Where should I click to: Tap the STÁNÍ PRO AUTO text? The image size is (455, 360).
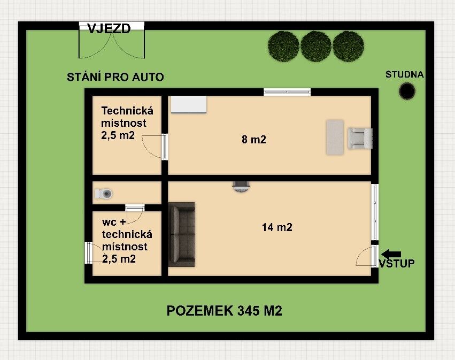click(115, 77)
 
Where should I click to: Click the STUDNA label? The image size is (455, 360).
click(404, 74)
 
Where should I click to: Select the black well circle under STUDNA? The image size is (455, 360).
click(407, 91)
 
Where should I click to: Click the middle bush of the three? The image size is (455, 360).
click(315, 45)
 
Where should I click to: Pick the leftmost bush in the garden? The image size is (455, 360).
click(283, 45)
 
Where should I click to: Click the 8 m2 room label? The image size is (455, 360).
click(253, 140)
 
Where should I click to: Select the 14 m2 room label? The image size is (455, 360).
click(276, 227)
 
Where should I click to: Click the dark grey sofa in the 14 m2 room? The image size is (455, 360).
click(181, 234)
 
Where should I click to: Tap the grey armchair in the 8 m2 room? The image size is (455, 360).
click(360, 139)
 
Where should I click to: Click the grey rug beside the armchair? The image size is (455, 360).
click(335, 137)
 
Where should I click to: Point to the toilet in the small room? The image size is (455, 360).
click(105, 193)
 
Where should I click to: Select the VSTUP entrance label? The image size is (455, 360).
click(396, 264)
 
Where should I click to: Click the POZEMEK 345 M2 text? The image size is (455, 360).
click(224, 311)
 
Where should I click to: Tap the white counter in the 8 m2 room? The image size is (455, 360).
click(189, 104)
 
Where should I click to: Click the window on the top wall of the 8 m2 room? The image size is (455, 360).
click(287, 93)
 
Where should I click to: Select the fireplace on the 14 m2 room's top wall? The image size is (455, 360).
click(241, 186)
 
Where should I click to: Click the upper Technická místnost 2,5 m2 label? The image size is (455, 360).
click(127, 123)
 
